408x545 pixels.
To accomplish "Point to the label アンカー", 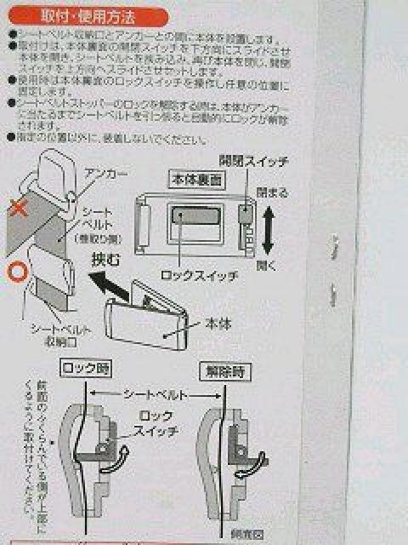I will click(x=106, y=174).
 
